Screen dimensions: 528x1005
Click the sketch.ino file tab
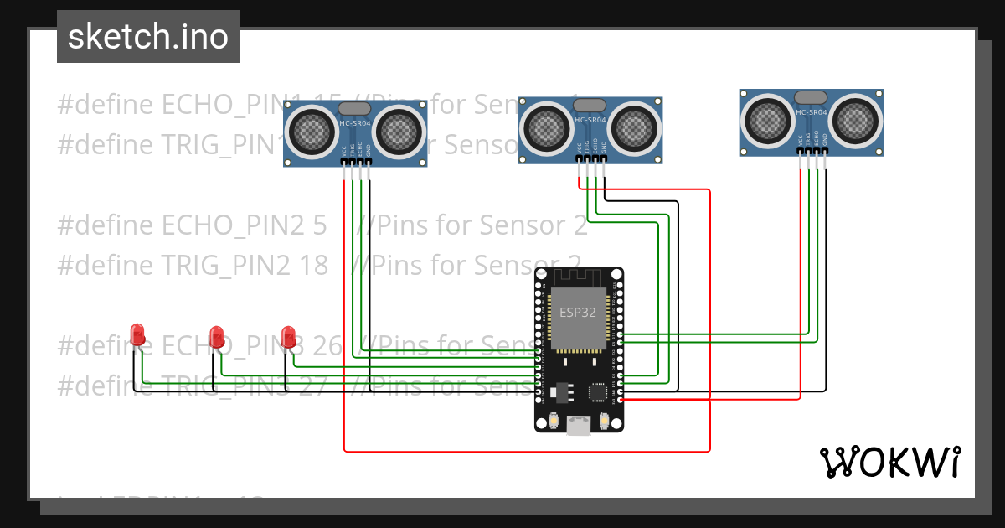click(147, 37)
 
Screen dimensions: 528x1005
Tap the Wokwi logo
click(889, 462)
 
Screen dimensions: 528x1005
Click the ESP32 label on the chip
click(578, 311)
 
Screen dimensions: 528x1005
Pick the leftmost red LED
click(138, 335)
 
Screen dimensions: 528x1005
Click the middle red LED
click(217, 337)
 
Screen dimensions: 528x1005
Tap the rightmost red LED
click(289, 337)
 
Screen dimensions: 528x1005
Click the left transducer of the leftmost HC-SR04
click(312, 131)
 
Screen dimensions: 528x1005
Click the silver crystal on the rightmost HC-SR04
click(811, 97)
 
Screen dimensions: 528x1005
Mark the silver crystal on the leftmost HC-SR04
click(355, 108)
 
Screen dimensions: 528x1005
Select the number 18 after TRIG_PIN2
click(313, 265)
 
